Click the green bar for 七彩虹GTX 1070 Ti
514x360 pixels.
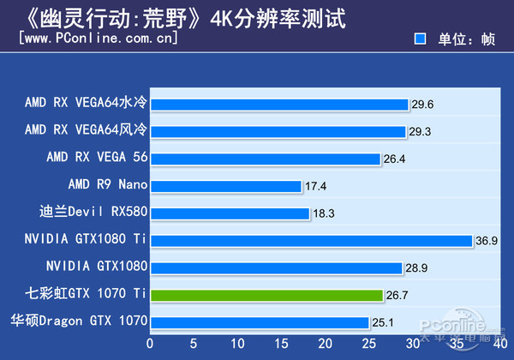pos(267,295)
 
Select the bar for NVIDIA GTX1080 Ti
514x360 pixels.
pos(313,241)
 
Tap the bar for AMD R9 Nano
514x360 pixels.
pos(227,186)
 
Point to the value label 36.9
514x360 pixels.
pos(487,241)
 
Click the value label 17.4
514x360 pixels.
pos(315,186)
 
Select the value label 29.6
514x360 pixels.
pos(422,105)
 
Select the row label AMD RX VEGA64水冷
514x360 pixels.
pos(87,104)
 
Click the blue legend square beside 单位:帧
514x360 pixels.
pos(421,39)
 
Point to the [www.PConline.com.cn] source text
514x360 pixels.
pos(98,39)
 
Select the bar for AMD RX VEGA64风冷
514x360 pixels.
pos(279,131)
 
